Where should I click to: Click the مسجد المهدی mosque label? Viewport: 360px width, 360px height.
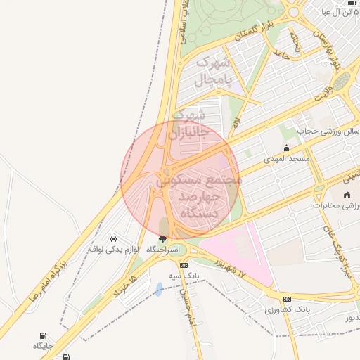coord(286,160)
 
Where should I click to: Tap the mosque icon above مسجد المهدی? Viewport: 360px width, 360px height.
coord(286,148)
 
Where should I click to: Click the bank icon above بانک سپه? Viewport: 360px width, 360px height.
coord(184,265)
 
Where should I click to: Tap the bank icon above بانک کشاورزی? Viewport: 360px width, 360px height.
coord(287,298)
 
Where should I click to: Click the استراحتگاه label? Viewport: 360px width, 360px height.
coord(163,250)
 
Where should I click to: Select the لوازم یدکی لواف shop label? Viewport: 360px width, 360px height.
coord(115,249)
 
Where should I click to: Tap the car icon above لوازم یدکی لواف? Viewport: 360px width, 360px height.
coord(115,238)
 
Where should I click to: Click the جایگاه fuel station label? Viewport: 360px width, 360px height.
coord(42,346)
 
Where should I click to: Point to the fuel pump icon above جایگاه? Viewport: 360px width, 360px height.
coord(44,335)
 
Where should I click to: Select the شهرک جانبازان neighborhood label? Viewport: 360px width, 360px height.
coord(188,123)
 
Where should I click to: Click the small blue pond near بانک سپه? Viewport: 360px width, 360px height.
coord(159,289)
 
